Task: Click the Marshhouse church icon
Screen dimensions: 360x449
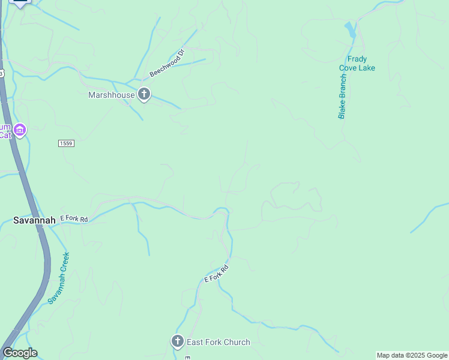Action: (x=143, y=94)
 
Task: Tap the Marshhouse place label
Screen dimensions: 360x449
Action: (x=112, y=95)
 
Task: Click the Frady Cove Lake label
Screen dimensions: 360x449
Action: (x=357, y=64)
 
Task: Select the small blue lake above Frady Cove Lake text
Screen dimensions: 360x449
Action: (x=350, y=29)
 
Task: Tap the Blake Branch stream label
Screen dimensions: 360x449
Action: (x=342, y=97)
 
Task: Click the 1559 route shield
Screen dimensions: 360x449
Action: (x=66, y=143)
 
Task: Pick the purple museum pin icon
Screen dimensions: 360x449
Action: (x=20, y=130)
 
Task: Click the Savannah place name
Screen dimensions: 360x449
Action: (x=34, y=220)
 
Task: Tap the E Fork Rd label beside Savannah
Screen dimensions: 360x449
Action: (x=74, y=220)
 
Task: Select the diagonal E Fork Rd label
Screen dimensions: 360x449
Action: (x=217, y=274)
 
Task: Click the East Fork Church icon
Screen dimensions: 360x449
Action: (x=177, y=342)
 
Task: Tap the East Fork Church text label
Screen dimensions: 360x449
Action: (x=218, y=342)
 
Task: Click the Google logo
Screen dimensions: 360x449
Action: (x=20, y=353)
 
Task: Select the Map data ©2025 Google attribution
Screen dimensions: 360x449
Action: (x=412, y=355)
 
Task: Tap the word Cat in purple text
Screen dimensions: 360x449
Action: (x=5, y=135)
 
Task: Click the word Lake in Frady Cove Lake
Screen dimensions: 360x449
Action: (x=365, y=68)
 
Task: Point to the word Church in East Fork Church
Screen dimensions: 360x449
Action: (x=237, y=342)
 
